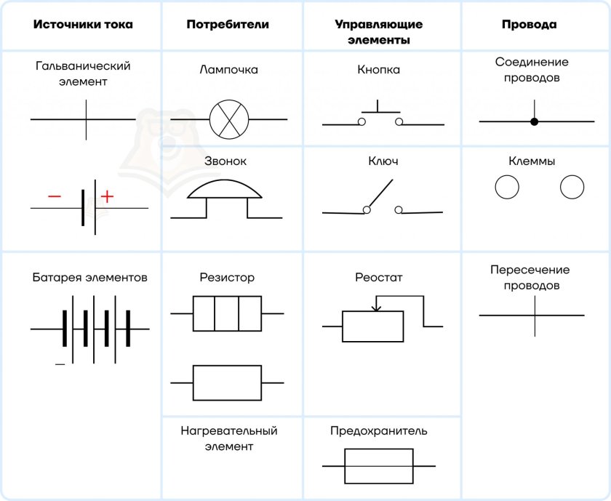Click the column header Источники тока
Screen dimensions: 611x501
(x=83, y=24)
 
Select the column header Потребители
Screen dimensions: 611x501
(x=228, y=24)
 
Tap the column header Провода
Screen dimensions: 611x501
(x=530, y=24)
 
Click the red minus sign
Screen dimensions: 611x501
(x=55, y=196)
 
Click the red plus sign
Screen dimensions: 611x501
(x=107, y=196)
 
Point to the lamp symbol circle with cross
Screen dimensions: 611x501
(x=229, y=119)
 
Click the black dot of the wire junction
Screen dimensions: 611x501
(x=534, y=121)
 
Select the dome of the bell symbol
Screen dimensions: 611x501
(x=225, y=188)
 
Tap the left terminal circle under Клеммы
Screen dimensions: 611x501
(x=507, y=187)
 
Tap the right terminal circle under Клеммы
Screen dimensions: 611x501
(x=572, y=187)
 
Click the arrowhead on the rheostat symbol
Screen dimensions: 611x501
(x=376, y=308)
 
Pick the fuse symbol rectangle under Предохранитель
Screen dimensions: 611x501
(x=379, y=466)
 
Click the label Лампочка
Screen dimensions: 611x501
(x=228, y=70)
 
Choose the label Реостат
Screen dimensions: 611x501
(x=378, y=277)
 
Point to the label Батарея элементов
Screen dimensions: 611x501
(x=89, y=277)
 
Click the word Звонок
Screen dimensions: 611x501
(x=225, y=161)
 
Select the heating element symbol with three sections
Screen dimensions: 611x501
(x=227, y=313)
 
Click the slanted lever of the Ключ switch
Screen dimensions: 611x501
(x=380, y=193)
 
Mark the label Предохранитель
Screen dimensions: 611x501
(x=378, y=431)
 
